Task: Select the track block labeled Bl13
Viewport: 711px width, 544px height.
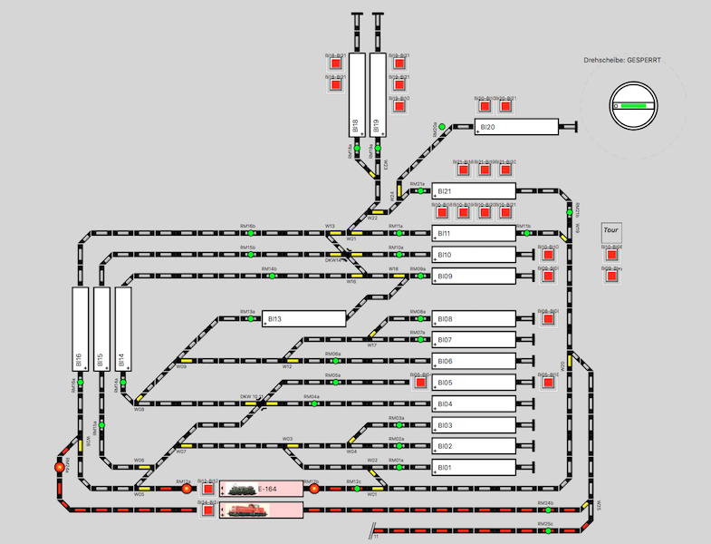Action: pos(304,318)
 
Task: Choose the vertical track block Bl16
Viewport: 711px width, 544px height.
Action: pos(80,331)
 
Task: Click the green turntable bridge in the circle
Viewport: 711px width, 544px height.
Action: pos(633,105)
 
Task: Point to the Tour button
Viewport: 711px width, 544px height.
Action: pos(612,229)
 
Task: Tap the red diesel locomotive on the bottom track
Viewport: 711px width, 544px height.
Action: pos(242,511)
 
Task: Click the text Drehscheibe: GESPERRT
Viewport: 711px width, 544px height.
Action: pos(622,61)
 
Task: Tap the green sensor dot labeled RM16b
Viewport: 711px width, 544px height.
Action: pos(248,233)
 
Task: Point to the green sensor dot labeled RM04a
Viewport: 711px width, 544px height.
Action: pos(312,403)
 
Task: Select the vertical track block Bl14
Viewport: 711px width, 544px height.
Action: pos(123,331)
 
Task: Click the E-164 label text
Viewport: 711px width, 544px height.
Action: pos(266,490)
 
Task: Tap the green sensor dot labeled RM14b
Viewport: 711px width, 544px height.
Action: pos(270,276)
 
